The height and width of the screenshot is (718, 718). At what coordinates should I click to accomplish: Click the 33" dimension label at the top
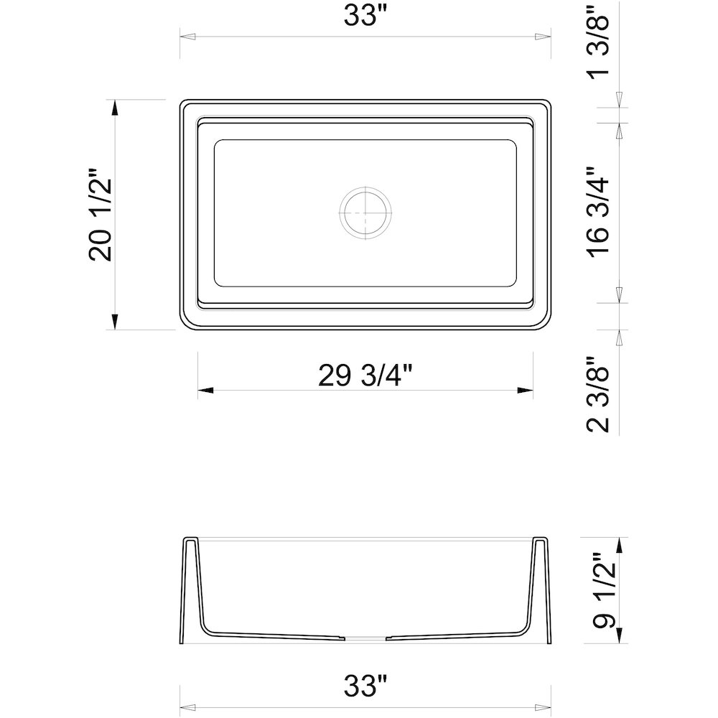pos(365,16)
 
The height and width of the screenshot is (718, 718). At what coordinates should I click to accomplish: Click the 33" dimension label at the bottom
pos(365,686)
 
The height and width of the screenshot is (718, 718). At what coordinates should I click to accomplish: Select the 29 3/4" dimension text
pos(365,376)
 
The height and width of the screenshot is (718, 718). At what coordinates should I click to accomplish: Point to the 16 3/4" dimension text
pos(599,212)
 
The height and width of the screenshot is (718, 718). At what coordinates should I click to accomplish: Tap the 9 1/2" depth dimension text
pos(604,591)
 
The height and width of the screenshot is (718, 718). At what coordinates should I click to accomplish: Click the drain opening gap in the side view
pos(365,637)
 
